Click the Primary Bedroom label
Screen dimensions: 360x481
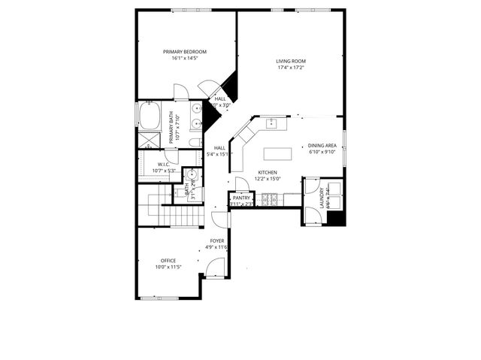tap(184, 51)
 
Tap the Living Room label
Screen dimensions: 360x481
tap(290, 61)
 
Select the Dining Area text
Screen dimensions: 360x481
tap(322, 146)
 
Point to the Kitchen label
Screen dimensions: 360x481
tap(268, 172)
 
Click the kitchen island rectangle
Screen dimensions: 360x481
tap(279, 154)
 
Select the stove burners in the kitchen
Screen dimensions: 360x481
tap(269, 199)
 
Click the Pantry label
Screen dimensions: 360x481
tap(241, 198)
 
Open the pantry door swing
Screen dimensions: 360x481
tap(242, 185)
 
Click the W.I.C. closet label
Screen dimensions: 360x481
tap(163, 165)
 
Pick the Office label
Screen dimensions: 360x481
tap(168, 261)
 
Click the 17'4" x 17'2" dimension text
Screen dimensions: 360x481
tap(290, 68)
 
